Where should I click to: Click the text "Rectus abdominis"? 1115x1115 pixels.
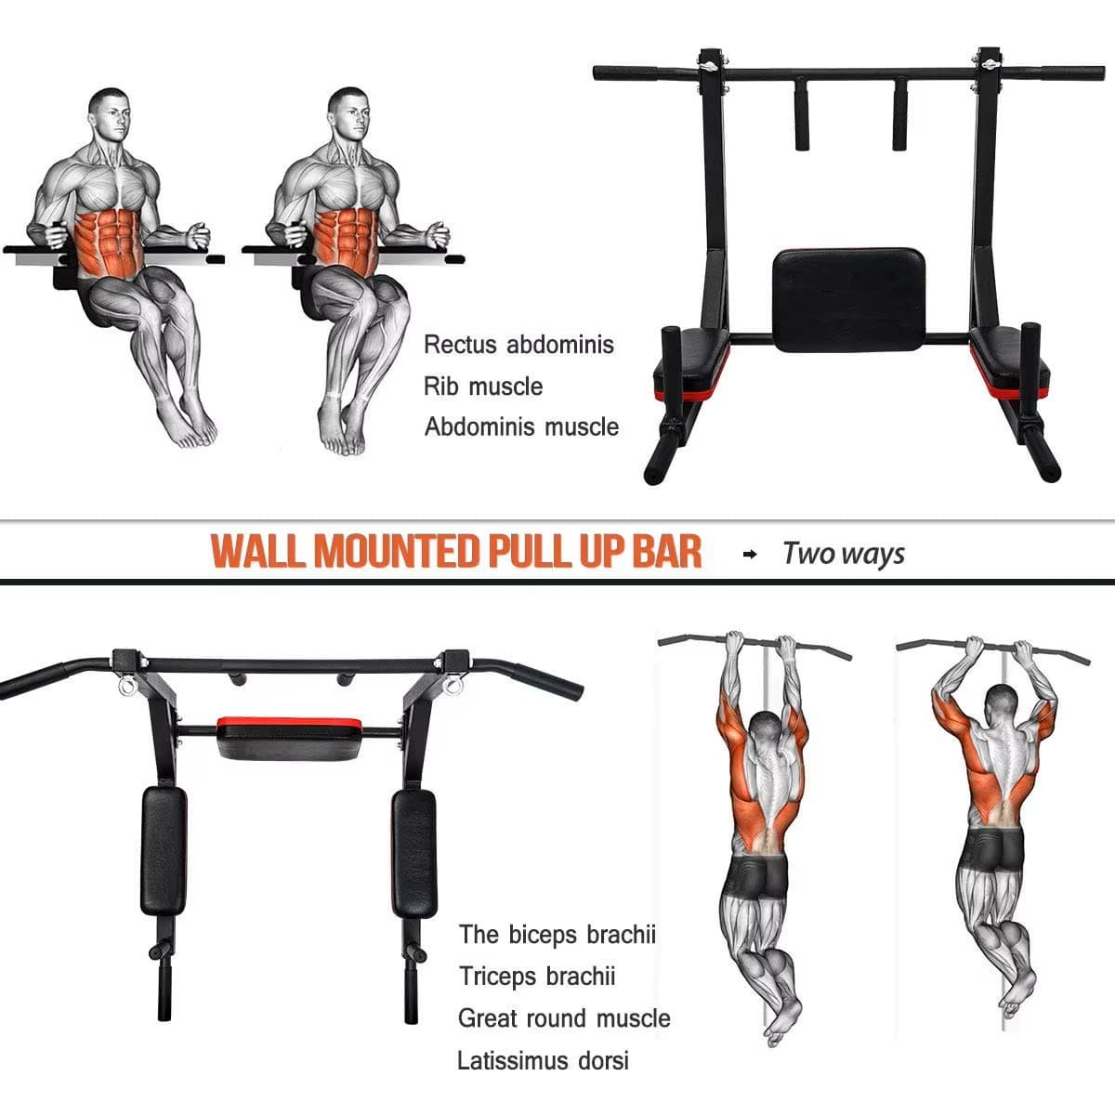tap(518, 345)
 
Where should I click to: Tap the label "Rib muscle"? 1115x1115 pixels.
tap(483, 387)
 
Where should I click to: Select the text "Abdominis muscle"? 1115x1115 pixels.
tap(521, 427)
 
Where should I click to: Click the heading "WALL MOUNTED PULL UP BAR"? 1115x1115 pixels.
tap(456, 552)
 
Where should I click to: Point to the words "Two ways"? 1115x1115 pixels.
tap(844, 554)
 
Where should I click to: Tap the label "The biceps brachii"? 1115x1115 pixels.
tap(557, 935)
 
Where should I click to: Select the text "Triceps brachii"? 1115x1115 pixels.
tap(537, 977)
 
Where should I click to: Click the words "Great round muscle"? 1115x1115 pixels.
tap(564, 1018)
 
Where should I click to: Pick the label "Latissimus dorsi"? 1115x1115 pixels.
tap(543, 1060)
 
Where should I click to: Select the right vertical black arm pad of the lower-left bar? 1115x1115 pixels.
tap(413, 850)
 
